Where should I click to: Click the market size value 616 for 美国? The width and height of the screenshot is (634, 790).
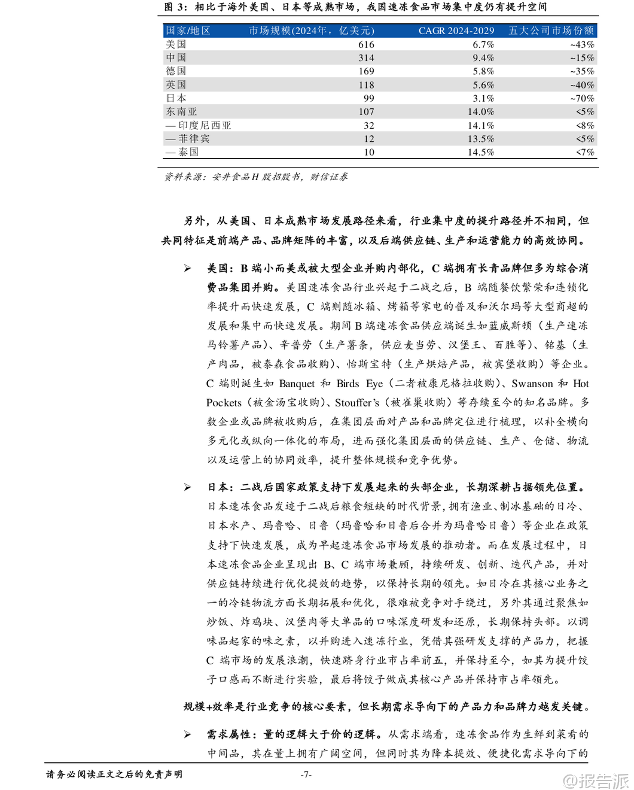point(366,44)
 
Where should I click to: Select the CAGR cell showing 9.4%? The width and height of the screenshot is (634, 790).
point(483,58)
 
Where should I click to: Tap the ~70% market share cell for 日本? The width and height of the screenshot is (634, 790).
point(582,98)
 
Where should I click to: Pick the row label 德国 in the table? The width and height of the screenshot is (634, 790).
point(176,71)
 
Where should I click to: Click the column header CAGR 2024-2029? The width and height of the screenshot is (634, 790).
point(456,31)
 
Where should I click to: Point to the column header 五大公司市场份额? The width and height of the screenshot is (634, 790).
point(551,31)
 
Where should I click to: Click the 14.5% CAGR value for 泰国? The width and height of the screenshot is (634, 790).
point(481,152)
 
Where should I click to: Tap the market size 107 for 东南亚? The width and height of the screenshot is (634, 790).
point(366,112)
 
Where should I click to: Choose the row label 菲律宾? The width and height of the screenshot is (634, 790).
point(188,139)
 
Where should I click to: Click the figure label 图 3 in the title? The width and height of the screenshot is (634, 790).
point(175,7)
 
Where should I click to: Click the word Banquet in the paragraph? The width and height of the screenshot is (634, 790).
point(297,384)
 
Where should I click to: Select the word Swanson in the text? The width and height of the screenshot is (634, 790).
point(532,384)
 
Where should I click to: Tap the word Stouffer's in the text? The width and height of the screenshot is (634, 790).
point(357,403)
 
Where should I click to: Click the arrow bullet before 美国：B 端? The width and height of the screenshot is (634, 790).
point(188,269)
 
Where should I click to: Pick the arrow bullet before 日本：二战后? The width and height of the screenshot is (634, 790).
point(188,488)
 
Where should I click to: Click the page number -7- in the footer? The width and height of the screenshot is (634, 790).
point(306,774)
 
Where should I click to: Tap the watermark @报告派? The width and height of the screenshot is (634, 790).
point(596,780)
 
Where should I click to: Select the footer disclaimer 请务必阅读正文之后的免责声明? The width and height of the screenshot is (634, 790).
point(114,774)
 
